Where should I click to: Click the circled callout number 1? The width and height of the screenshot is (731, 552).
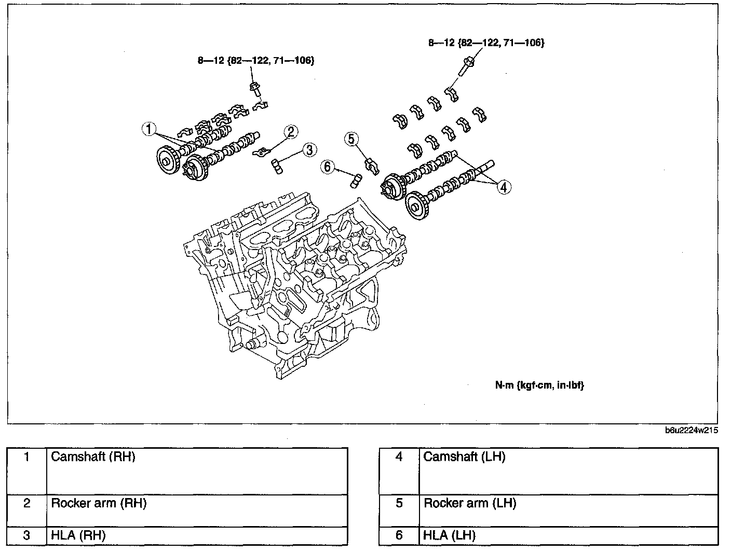point(148,129)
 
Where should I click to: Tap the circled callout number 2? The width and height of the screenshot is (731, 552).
point(291,132)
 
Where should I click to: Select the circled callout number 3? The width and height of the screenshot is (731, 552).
point(309,150)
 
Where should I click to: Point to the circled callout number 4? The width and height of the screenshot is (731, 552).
point(504,187)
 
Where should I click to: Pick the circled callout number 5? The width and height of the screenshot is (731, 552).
point(351,139)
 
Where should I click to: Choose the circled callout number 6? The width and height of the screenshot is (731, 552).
point(328,167)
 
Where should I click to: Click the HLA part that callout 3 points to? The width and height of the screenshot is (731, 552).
point(277,166)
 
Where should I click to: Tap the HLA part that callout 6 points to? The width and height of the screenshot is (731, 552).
point(356,181)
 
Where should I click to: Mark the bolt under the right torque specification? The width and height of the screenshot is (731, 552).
point(467,66)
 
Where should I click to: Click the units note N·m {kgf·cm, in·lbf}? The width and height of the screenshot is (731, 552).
point(539,385)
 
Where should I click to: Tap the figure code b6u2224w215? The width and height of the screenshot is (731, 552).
point(692,430)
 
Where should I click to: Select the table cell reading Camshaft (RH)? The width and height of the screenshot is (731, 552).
point(197,471)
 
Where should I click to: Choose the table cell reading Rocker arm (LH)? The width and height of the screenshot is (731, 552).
point(568,510)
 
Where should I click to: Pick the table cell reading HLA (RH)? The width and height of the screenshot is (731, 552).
point(197,535)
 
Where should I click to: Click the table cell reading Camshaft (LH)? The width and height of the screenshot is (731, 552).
point(568,471)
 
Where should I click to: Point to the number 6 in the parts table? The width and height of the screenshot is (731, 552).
point(399,535)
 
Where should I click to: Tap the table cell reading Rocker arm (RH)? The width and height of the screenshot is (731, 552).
point(197,510)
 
